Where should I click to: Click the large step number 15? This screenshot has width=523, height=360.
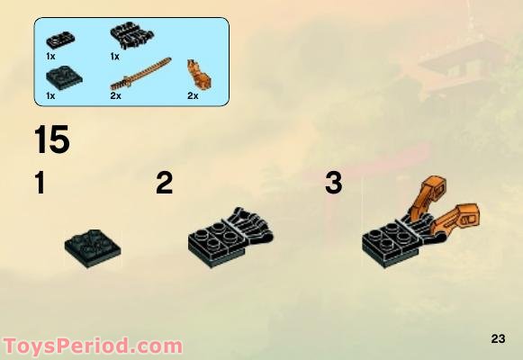tap(51, 141)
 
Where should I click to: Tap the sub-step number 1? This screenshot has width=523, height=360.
tap(39, 184)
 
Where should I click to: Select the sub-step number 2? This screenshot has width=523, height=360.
tap(164, 184)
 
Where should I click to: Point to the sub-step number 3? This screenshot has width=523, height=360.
tap(334, 184)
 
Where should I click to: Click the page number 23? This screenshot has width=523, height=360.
tap(499, 338)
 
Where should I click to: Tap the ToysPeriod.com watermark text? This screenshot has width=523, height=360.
tap(93, 346)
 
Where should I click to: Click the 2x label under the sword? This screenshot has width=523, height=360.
tap(115, 94)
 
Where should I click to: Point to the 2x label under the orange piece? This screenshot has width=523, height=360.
tap(190, 94)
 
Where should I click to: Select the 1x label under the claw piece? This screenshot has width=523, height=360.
tap(115, 56)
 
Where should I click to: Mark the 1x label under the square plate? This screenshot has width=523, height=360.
tap(50, 94)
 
